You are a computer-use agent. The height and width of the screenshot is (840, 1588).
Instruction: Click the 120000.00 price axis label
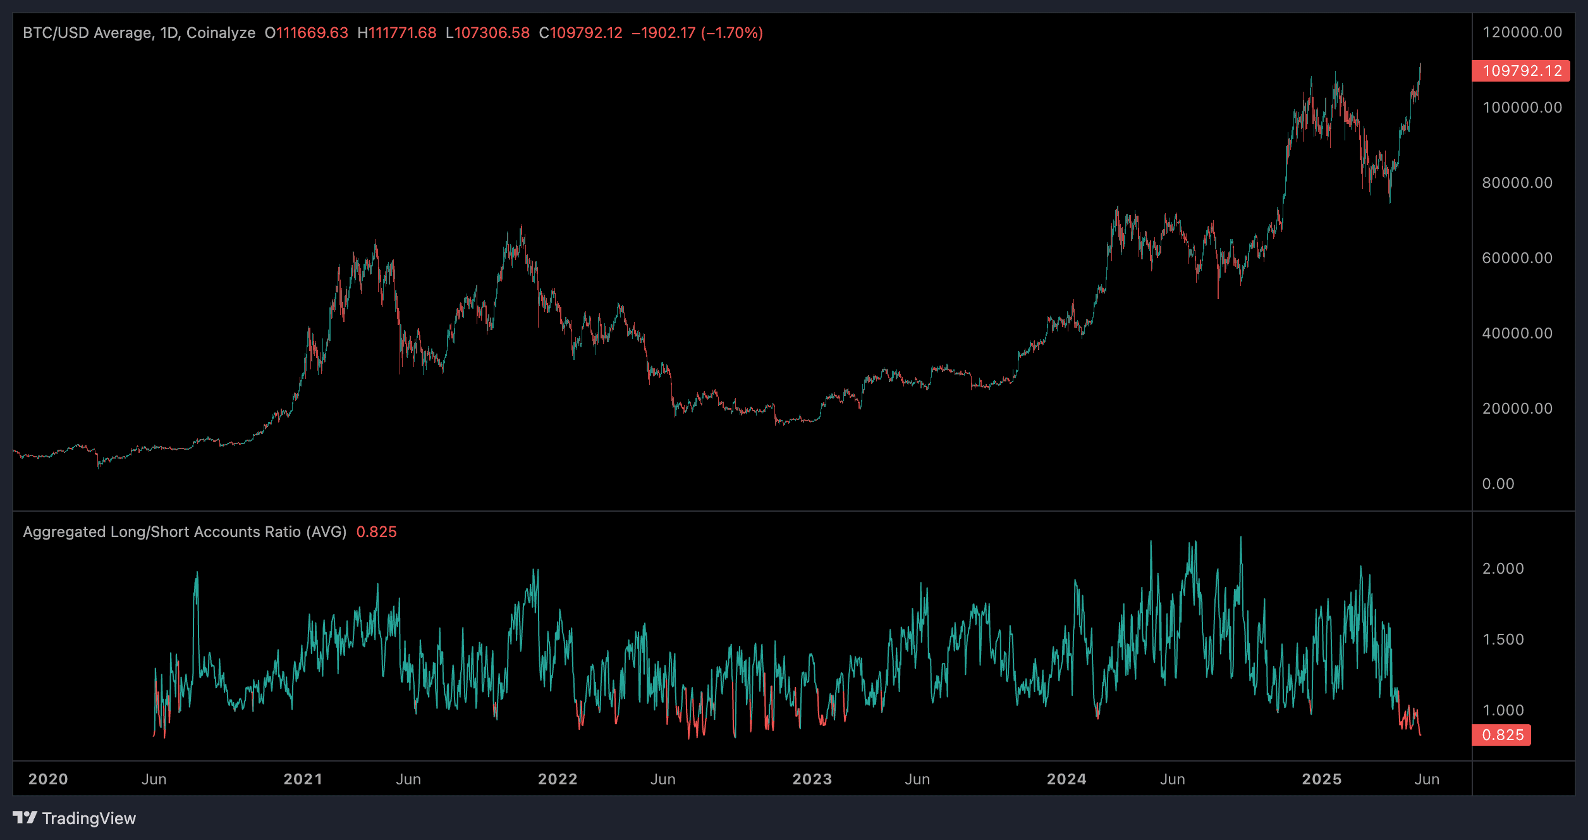point(1522,32)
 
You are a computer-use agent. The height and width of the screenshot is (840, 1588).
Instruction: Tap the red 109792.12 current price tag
point(1520,71)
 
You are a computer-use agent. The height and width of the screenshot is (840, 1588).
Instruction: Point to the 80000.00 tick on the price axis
point(1517,183)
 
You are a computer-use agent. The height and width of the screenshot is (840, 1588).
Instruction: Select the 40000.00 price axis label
point(1517,333)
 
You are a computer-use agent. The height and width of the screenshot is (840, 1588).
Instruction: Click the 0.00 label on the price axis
point(1498,484)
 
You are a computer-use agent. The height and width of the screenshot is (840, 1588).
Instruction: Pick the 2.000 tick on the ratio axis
point(1503,569)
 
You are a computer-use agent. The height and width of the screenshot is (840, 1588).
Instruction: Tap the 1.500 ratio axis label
point(1503,639)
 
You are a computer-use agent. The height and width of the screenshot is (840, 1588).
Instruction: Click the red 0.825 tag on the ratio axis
point(1501,735)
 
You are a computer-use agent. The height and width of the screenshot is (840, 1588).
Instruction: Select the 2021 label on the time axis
point(303,779)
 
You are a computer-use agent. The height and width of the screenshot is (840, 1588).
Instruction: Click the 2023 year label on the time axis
point(812,779)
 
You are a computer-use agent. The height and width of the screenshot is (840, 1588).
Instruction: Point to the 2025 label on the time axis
point(1321,779)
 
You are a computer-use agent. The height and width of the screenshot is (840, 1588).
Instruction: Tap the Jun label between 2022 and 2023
point(663,779)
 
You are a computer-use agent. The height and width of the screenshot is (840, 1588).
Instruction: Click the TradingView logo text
point(89,818)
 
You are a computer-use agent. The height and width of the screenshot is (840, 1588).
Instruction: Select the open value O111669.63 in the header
point(307,33)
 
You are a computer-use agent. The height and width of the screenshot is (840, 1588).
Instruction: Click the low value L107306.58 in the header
point(487,33)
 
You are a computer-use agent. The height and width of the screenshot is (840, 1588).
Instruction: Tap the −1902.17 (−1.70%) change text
point(697,33)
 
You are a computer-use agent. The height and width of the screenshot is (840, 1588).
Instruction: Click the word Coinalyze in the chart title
point(221,33)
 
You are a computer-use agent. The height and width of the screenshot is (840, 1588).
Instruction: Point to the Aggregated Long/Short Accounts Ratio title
point(185,532)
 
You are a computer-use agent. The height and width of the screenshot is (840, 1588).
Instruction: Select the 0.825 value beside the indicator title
point(376,532)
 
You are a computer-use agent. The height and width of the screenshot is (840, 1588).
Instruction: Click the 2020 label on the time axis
point(48,779)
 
